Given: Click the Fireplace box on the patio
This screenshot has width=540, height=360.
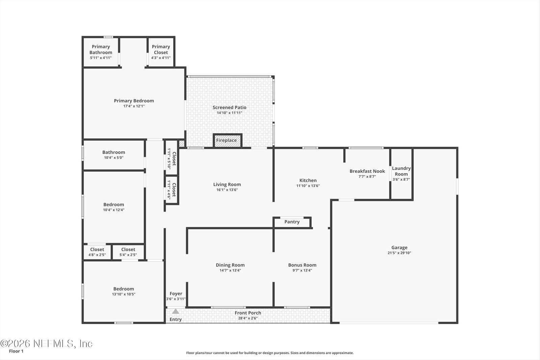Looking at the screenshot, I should pyautogui.click(x=227, y=140).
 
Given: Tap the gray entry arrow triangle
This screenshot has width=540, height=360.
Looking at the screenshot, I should pyautogui.click(x=175, y=311).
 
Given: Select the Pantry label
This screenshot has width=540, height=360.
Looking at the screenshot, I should pyautogui.click(x=292, y=222).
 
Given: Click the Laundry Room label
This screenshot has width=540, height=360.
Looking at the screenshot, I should pyautogui.click(x=401, y=171).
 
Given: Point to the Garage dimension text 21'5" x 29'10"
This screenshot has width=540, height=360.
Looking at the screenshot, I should pyautogui.click(x=399, y=253).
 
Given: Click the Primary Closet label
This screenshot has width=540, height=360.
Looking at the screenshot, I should pyautogui.click(x=161, y=50).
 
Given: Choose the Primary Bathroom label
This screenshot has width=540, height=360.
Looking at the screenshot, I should pyautogui.click(x=101, y=50).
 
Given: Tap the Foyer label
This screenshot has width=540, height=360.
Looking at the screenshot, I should pyautogui.click(x=176, y=294).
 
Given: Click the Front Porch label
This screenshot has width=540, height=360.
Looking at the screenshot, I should pyautogui.click(x=248, y=313).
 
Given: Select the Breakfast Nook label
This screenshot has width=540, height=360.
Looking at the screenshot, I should pyautogui.click(x=367, y=171).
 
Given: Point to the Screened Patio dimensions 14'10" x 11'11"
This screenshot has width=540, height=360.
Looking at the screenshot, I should pyautogui.click(x=230, y=113).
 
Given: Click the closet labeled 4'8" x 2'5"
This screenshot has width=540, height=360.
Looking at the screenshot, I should pyautogui.click(x=97, y=252).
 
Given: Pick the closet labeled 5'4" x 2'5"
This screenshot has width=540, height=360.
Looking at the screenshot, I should pyautogui.click(x=128, y=252).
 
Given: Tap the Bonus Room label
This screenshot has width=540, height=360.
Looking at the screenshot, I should pyautogui.click(x=302, y=265).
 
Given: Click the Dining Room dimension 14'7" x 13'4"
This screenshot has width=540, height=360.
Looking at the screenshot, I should pyautogui.click(x=230, y=270).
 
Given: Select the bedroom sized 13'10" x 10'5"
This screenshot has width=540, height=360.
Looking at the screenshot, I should pyautogui.click(x=124, y=291).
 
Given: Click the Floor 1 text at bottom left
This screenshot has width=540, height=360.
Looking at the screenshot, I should pyautogui.click(x=16, y=351).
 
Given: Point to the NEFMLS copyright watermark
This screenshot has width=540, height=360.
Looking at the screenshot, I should pyautogui.click(x=46, y=344).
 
